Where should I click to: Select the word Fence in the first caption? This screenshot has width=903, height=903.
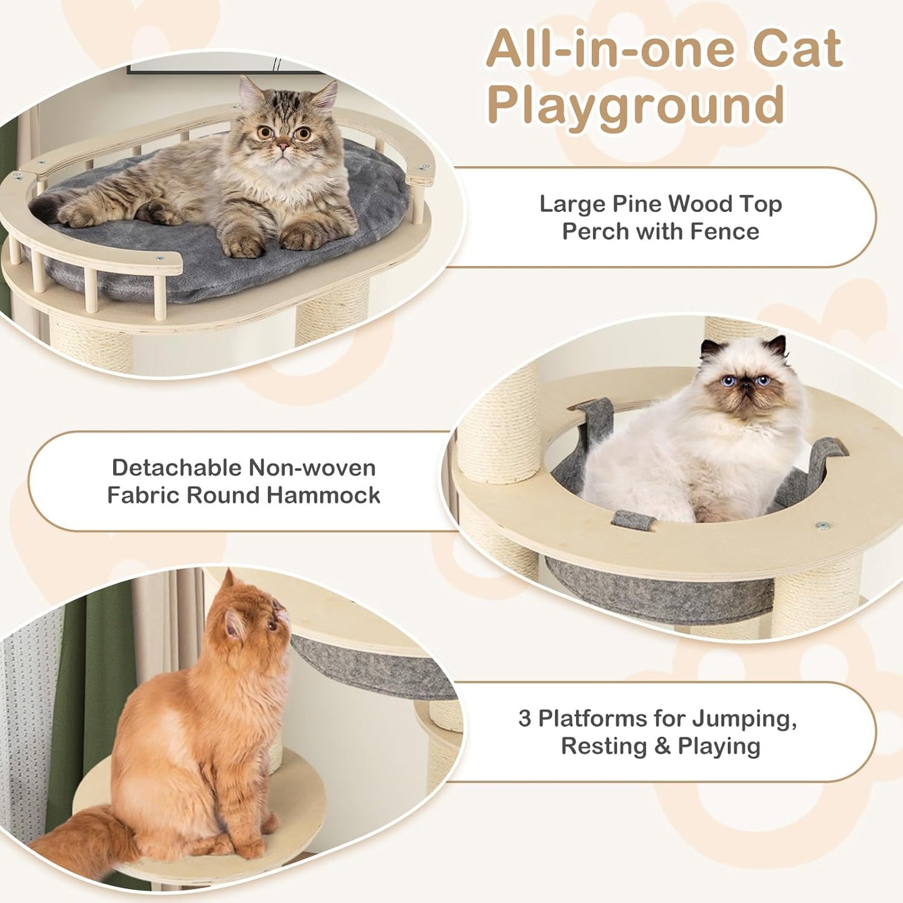tap(724, 232)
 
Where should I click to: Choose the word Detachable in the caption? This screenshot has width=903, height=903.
tap(176, 467)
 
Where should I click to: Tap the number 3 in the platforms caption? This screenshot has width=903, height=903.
tap(524, 719)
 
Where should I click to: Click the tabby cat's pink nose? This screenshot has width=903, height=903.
tap(284, 147)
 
